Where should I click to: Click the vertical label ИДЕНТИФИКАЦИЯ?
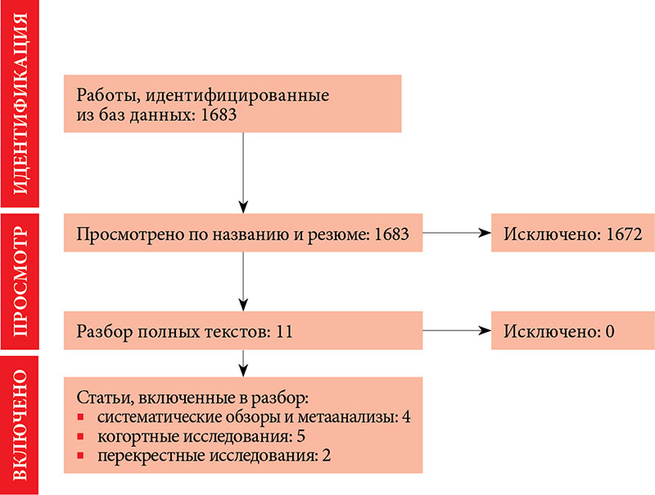coord(20,103)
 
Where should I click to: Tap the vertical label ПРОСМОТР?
coord(20,281)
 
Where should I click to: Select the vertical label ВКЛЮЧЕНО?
coord(20,425)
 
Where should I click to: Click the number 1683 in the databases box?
coord(219,115)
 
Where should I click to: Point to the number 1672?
coord(624,234)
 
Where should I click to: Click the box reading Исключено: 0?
coord(572,330)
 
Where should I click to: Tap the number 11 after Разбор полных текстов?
coord(284,332)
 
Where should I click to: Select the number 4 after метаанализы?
coord(406,417)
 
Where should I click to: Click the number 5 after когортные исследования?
coord(300,436)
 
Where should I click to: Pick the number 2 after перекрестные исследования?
coord(326,456)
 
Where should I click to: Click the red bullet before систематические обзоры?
coord(80,417)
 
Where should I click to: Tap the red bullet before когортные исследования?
coord(80,437)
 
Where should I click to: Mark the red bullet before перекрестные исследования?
coord(80,456)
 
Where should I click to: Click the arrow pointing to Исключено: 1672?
coord(457,233)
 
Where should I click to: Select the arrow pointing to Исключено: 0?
coord(457,331)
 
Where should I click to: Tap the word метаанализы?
coord(348,417)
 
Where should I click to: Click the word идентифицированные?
coord(237,96)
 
